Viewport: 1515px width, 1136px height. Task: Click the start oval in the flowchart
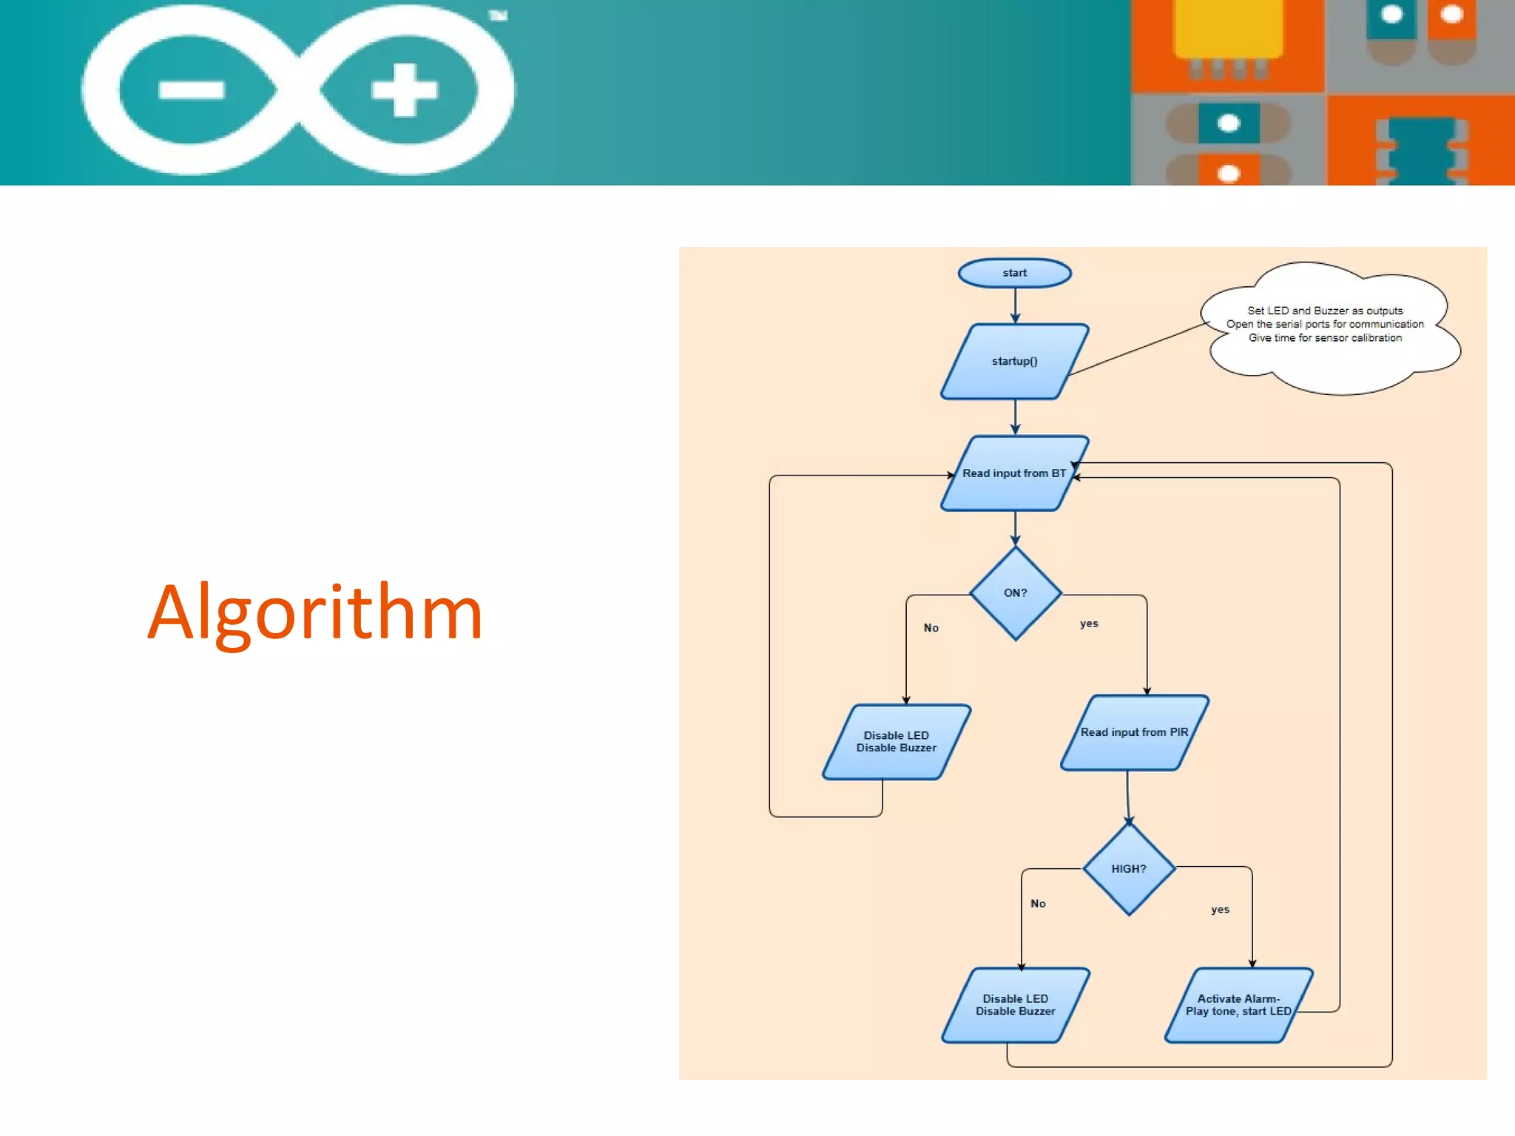tap(1014, 273)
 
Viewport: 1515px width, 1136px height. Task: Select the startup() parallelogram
tap(1014, 361)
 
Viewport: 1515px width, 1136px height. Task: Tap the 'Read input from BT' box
tap(1014, 473)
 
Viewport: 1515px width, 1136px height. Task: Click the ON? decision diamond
tap(1016, 593)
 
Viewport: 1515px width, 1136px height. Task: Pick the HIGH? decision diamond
tap(1129, 869)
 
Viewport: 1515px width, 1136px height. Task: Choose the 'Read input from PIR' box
tap(1134, 732)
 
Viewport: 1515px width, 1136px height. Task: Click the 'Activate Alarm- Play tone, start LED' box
tap(1238, 1005)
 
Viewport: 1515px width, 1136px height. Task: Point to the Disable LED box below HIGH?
tap(1015, 1005)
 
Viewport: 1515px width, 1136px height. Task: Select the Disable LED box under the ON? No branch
tap(896, 742)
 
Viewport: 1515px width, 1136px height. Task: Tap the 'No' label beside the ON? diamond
tap(931, 628)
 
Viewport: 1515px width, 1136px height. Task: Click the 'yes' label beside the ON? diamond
tap(1089, 623)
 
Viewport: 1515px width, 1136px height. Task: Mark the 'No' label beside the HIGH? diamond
tap(1038, 904)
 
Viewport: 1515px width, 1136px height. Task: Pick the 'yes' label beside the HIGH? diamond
tap(1220, 910)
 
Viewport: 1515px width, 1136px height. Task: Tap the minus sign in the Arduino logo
tap(191, 90)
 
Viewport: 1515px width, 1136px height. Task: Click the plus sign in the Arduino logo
tap(404, 90)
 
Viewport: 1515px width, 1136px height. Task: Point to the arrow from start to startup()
tap(1015, 305)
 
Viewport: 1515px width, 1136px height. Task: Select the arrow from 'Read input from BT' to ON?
tap(1015, 528)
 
